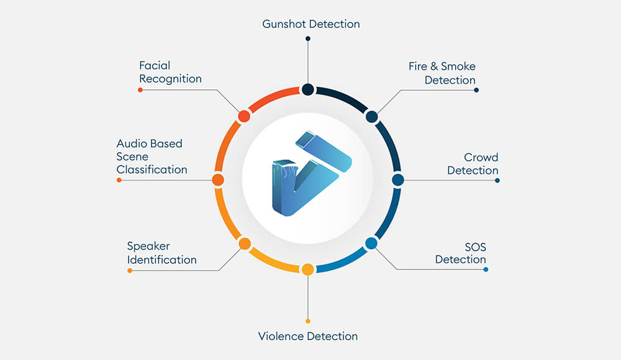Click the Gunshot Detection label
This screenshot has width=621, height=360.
click(x=311, y=24)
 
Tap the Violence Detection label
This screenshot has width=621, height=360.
click(x=308, y=336)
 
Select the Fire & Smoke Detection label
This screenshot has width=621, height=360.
click(x=442, y=73)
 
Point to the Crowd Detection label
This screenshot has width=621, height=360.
click(x=473, y=164)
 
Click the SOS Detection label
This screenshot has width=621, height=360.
click(x=461, y=253)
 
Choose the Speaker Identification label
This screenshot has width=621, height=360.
click(x=161, y=253)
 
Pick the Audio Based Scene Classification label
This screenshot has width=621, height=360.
click(x=152, y=156)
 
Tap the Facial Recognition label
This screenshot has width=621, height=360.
click(x=170, y=72)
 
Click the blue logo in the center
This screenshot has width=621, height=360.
click(x=312, y=173)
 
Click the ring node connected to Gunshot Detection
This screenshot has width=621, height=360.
click(x=308, y=89)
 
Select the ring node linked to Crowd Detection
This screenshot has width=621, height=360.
click(x=398, y=180)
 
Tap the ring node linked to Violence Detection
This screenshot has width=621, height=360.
click(x=308, y=270)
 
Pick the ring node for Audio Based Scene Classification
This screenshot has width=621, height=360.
click(x=218, y=180)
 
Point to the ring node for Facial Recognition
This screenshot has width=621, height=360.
click(x=244, y=117)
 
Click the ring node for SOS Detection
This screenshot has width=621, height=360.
click(x=371, y=243)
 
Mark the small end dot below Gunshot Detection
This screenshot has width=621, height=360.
click(x=308, y=38)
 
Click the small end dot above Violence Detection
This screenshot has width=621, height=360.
click(x=308, y=321)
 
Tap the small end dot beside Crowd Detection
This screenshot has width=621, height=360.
click(x=497, y=181)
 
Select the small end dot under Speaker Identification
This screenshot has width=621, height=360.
click(x=130, y=271)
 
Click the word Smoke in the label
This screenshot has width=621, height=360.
click(x=458, y=66)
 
